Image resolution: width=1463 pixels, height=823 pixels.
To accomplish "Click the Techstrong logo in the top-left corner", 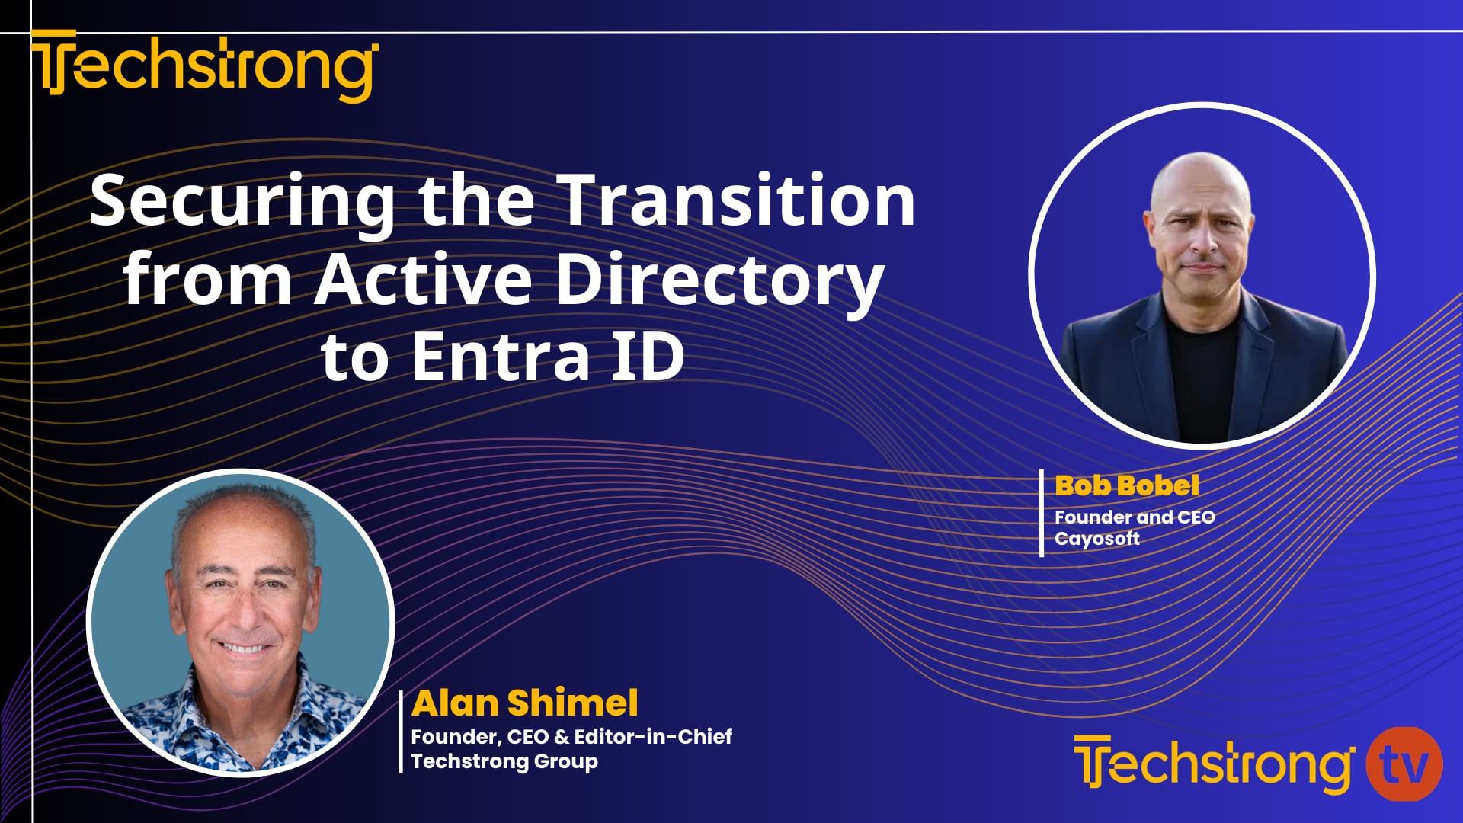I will tap(204, 66).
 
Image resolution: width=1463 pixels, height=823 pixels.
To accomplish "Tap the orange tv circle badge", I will tap(1404, 764).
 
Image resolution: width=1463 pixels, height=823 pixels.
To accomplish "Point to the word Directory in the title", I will tap(719, 280).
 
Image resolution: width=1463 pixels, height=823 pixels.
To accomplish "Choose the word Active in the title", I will tap(423, 279).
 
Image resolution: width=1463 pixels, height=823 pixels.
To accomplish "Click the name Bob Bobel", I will tap(1126, 485).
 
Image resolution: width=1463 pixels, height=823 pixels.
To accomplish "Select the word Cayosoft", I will tap(1096, 539).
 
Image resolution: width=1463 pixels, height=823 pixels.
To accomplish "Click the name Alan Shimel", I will tap(524, 703).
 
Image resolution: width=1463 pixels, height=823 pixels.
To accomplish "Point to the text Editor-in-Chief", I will tap(653, 737).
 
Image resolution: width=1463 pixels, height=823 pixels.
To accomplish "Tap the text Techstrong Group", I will tap(504, 761).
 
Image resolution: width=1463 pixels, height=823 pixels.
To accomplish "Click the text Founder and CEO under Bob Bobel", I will tap(1134, 517).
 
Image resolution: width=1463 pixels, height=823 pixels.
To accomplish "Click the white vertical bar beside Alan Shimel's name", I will tap(401, 732).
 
